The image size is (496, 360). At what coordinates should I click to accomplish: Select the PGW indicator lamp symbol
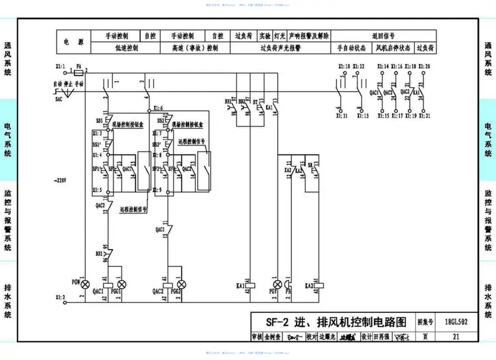[x=87, y=283]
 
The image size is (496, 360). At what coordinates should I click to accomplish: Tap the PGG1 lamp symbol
[x=122, y=283]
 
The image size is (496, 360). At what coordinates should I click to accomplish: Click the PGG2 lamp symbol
[x=182, y=283]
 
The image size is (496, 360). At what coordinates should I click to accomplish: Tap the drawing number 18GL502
[x=456, y=323]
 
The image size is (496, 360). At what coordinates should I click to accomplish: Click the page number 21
[x=456, y=337]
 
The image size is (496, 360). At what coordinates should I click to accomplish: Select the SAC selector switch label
[x=59, y=99]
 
